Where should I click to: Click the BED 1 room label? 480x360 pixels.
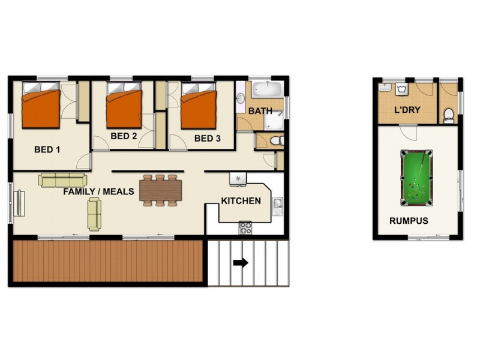47,149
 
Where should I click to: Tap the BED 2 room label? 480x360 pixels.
124,136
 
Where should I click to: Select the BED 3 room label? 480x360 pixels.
207,139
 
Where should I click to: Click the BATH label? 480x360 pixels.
260,111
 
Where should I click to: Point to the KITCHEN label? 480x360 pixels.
241,200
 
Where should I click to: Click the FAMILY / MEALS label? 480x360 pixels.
98,191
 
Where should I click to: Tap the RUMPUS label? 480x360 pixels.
409,220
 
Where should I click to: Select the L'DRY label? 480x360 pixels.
406,110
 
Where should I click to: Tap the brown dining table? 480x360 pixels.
160,190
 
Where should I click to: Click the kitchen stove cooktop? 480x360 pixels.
245,227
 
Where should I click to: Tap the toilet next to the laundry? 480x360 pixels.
449,115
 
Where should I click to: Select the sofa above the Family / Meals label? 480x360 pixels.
63,179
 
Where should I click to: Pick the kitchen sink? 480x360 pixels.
277,205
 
